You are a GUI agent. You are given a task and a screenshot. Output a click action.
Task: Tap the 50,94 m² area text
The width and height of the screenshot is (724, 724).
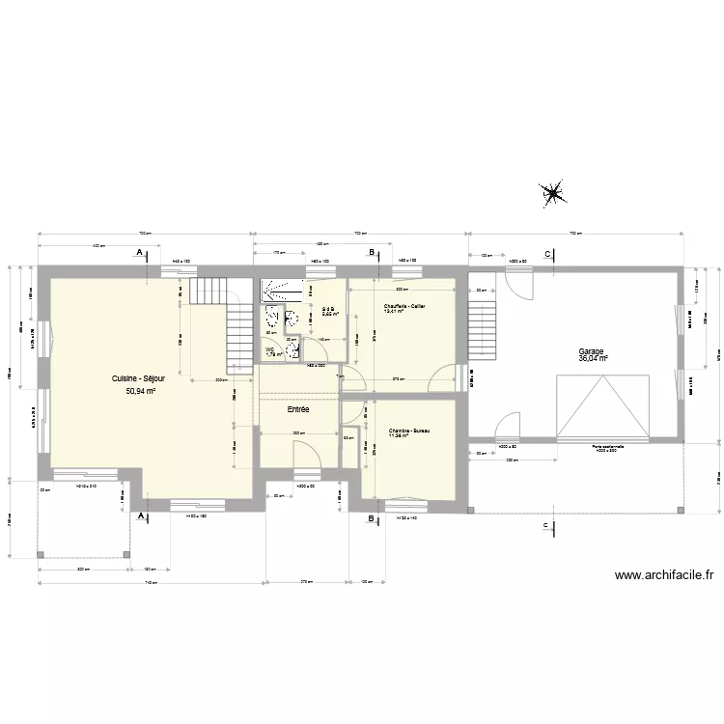(140, 392)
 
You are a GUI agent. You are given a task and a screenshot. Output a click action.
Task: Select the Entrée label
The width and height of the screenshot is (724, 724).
(298, 409)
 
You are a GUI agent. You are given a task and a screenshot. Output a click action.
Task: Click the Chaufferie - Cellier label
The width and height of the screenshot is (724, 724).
(404, 306)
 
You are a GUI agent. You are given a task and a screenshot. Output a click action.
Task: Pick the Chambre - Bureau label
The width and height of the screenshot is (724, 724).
(408, 431)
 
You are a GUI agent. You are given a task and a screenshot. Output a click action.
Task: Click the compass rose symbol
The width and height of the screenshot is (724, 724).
(554, 194)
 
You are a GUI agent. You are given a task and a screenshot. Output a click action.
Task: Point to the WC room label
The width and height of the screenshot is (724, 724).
(270, 349)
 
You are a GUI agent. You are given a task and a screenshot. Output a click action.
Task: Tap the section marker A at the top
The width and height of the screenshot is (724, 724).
(141, 252)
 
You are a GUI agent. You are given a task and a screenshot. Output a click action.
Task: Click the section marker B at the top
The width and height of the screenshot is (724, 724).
(371, 252)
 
